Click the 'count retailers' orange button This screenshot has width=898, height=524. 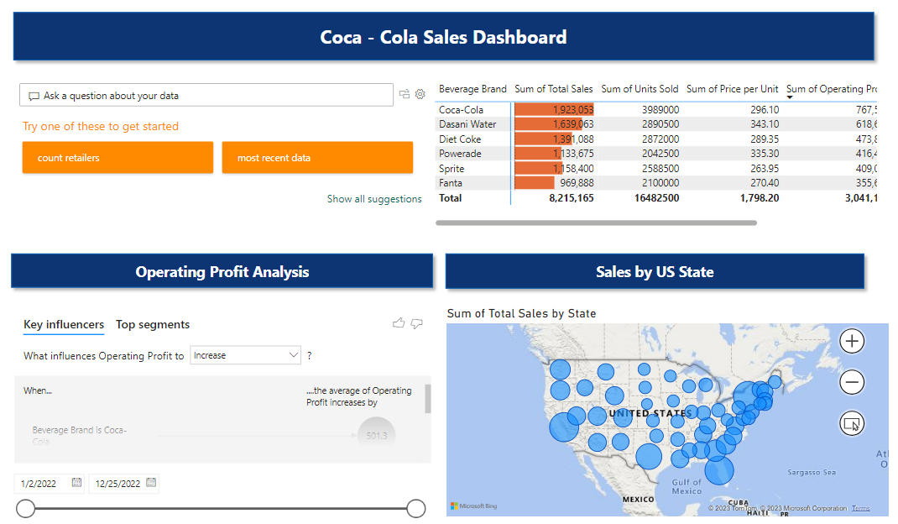pyautogui.click(x=117, y=158)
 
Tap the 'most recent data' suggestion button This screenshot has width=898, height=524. pyautogui.click(x=317, y=158)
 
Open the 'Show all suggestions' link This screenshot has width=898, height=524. pyautogui.click(x=374, y=199)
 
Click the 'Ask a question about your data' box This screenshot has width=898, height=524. pyautogui.click(x=206, y=96)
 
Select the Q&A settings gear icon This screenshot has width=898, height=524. pyautogui.click(x=420, y=95)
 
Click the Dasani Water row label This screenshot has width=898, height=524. pyautogui.click(x=467, y=124)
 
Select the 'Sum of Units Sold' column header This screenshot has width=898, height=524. pyautogui.click(x=640, y=89)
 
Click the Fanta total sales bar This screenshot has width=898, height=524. pyautogui.click(x=535, y=183)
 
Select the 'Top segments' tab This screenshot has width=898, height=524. pyautogui.click(x=153, y=325)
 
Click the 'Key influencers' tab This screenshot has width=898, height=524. pyautogui.click(x=64, y=325)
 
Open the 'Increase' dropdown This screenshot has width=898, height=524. pyautogui.click(x=245, y=356)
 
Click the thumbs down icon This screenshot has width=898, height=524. pyautogui.click(x=417, y=323)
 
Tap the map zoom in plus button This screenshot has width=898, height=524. pyautogui.click(x=852, y=341)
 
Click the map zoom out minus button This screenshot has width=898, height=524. pyautogui.click(x=852, y=383)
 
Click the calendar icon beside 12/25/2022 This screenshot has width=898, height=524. pyautogui.click(x=151, y=483)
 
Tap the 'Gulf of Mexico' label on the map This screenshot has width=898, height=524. pyautogui.click(x=686, y=486)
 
